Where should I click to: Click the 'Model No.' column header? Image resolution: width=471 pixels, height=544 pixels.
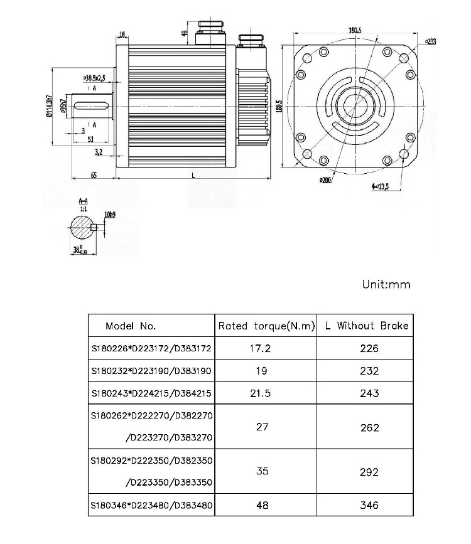tap(131, 326)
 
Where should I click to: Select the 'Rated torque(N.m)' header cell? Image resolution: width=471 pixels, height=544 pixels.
tap(266, 326)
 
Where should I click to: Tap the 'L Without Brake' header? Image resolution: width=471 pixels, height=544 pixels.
tap(367, 326)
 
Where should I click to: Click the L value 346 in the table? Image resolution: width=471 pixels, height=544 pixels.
tap(370, 504)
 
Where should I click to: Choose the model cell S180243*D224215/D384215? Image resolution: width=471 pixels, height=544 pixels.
tap(151, 393)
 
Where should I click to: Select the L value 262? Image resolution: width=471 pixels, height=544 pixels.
tap(370, 427)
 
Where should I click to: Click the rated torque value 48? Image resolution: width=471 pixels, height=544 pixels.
tap(263, 504)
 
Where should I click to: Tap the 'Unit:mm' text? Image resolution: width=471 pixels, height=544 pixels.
tap(386, 284)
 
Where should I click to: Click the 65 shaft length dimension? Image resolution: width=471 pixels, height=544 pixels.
tap(93, 175)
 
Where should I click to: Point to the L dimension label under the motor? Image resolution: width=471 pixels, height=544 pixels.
tap(193, 175)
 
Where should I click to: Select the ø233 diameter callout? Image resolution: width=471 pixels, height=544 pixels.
tap(430, 41)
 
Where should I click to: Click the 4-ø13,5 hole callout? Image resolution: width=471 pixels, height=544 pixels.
tap(380, 186)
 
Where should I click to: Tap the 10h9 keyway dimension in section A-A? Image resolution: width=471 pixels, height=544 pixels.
tap(110, 215)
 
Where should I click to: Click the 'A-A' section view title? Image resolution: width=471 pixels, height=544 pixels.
tap(84, 201)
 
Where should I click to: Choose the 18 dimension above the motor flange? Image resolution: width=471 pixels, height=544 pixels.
tap(122, 35)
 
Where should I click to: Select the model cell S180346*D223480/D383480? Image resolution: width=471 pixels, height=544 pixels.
tap(151, 504)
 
